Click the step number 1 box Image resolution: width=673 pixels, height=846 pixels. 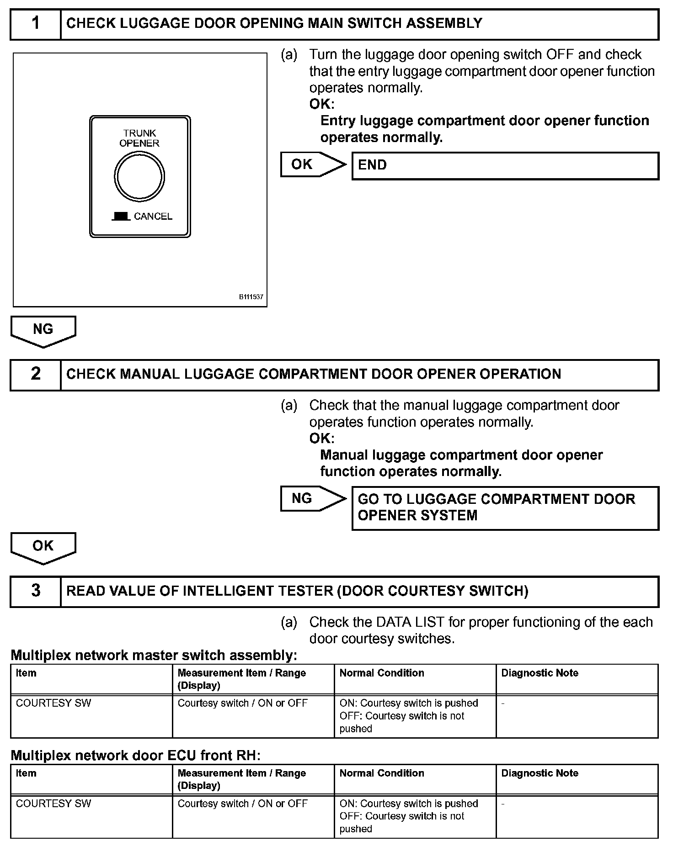coord(36,24)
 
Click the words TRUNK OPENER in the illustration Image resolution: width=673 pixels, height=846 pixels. coord(139,138)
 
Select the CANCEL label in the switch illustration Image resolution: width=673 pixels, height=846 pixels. coord(153,217)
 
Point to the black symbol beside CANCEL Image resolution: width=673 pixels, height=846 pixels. coord(121,217)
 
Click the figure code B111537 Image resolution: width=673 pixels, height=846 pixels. coord(251,297)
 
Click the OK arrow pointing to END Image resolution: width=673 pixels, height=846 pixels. coord(313,164)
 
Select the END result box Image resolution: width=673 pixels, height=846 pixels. coord(505,165)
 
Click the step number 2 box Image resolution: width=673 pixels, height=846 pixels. coord(36,375)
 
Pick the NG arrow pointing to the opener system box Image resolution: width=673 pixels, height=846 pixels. coord(313,498)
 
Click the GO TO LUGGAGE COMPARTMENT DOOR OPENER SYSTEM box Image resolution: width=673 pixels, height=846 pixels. coord(505,508)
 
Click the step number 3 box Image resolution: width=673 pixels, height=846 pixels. coord(36,591)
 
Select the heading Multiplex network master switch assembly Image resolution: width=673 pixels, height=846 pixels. coord(154,656)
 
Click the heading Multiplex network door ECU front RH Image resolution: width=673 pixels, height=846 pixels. coord(135,756)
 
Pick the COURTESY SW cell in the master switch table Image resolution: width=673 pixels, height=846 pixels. coord(53,703)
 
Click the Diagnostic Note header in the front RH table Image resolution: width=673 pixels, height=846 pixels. coord(539,773)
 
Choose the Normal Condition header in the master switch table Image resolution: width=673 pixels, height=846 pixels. coord(382,673)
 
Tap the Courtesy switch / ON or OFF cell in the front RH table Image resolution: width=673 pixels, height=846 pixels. coord(242,803)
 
